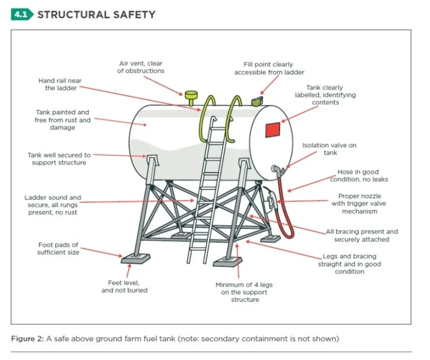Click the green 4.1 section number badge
(22, 14)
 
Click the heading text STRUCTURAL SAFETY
(96, 14)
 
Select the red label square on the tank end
(273, 129)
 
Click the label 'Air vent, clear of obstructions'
(141, 67)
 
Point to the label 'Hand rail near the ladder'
(60, 84)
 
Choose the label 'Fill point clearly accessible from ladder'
(269, 69)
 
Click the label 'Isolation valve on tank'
(329, 149)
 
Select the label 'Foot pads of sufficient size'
(58, 249)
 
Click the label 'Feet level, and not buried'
(124, 286)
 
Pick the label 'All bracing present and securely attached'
(361, 235)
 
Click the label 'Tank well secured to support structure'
(59, 159)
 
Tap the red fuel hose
(284, 206)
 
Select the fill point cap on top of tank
(257, 101)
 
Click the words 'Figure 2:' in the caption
(28, 338)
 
